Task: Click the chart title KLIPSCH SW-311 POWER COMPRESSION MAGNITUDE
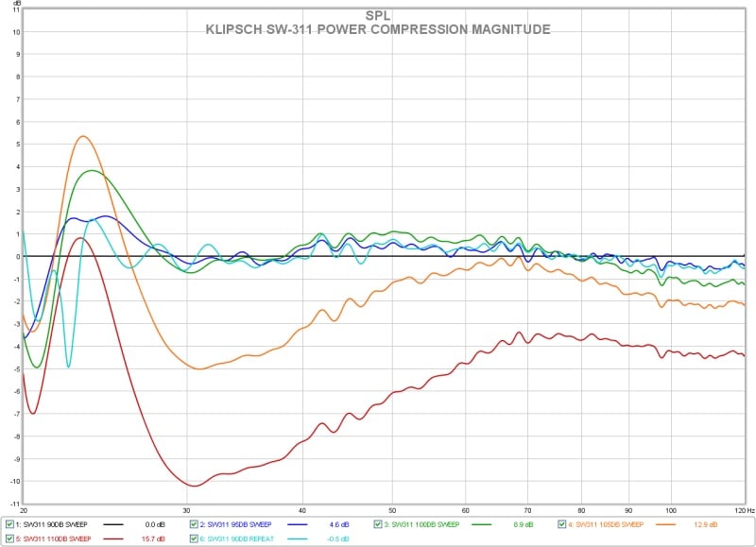377,29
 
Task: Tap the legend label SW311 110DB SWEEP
52,539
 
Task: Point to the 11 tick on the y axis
14,9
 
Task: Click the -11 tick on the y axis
12,503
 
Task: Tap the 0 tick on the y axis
15,256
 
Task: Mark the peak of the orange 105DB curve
83,136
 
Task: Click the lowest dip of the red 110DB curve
194,486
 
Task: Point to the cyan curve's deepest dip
68,366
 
